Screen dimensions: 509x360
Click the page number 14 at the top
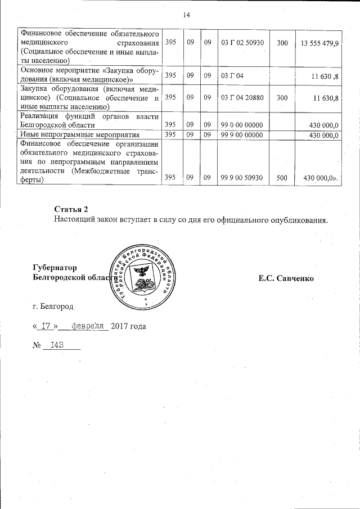tap(186, 15)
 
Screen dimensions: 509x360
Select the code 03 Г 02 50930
tap(242, 43)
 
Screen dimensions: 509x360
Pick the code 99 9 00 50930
tap(242, 178)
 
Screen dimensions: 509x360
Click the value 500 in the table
tap(282, 178)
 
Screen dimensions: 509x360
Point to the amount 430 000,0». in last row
tap(321, 178)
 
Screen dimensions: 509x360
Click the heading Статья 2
tap(71, 209)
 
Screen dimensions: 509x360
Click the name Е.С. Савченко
tap(286, 278)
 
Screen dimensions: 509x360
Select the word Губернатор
tap(55, 268)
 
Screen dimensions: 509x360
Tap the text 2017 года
tap(128, 326)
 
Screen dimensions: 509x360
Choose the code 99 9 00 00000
tap(242, 135)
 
